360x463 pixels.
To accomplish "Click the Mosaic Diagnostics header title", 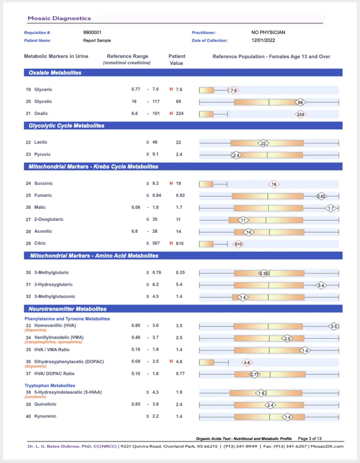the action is click(x=59, y=18).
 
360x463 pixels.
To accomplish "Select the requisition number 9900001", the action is click(x=92, y=33).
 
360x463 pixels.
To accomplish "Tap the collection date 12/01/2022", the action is click(x=263, y=40).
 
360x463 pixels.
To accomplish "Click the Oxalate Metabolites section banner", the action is click(x=183, y=73).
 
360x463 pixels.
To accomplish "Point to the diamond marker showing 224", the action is click(x=300, y=114).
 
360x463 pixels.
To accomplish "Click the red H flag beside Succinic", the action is click(x=171, y=184).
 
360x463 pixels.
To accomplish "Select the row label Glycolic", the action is click(x=43, y=102).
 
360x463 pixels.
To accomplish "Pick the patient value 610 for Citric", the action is click(x=180, y=244).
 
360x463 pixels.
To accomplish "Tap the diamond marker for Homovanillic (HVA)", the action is click(x=334, y=326).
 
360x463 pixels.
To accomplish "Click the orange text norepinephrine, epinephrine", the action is click(x=53, y=342).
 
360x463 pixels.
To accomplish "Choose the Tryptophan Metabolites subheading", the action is click(x=50, y=386).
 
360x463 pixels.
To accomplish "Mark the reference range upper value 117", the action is click(x=156, y=102).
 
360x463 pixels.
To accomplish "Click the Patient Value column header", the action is click(x=176, y=60).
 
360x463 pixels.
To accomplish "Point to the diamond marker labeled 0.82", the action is click(x=321, y=196).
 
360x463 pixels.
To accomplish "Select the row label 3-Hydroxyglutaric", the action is click(x=53, y=285).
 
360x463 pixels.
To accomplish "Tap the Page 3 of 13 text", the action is click(x=309, y=439).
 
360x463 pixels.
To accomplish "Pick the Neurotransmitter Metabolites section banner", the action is click(x=183, y=309).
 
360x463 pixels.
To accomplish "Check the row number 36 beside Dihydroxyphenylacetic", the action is click(x=28, y=362).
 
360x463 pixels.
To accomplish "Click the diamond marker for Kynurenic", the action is click(x=287, y=417).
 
